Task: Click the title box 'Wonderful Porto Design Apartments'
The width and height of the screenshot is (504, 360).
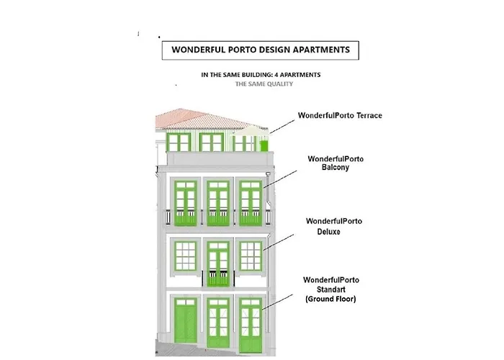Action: coord(256,50)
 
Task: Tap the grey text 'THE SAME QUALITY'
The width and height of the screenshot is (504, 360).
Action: coord(264,84)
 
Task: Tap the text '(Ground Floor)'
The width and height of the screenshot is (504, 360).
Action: coord(330,299)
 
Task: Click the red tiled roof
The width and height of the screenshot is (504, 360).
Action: coord(202,119)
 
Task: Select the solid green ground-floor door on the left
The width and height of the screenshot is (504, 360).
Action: coord(185,324)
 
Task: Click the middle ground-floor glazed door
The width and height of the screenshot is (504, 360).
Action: coord(218,323)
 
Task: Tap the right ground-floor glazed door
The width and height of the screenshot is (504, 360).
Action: coord(251,323)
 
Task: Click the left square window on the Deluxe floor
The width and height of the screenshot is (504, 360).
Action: coord(186,256)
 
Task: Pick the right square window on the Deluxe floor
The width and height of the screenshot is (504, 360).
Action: coord(251,256)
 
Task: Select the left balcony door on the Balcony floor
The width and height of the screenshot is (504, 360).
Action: coord(186,203)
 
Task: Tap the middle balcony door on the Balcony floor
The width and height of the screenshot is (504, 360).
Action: coord(218,203)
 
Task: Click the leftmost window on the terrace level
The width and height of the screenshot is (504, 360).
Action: coord(178,142)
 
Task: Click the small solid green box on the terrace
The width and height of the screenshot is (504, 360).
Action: coord(264,146)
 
